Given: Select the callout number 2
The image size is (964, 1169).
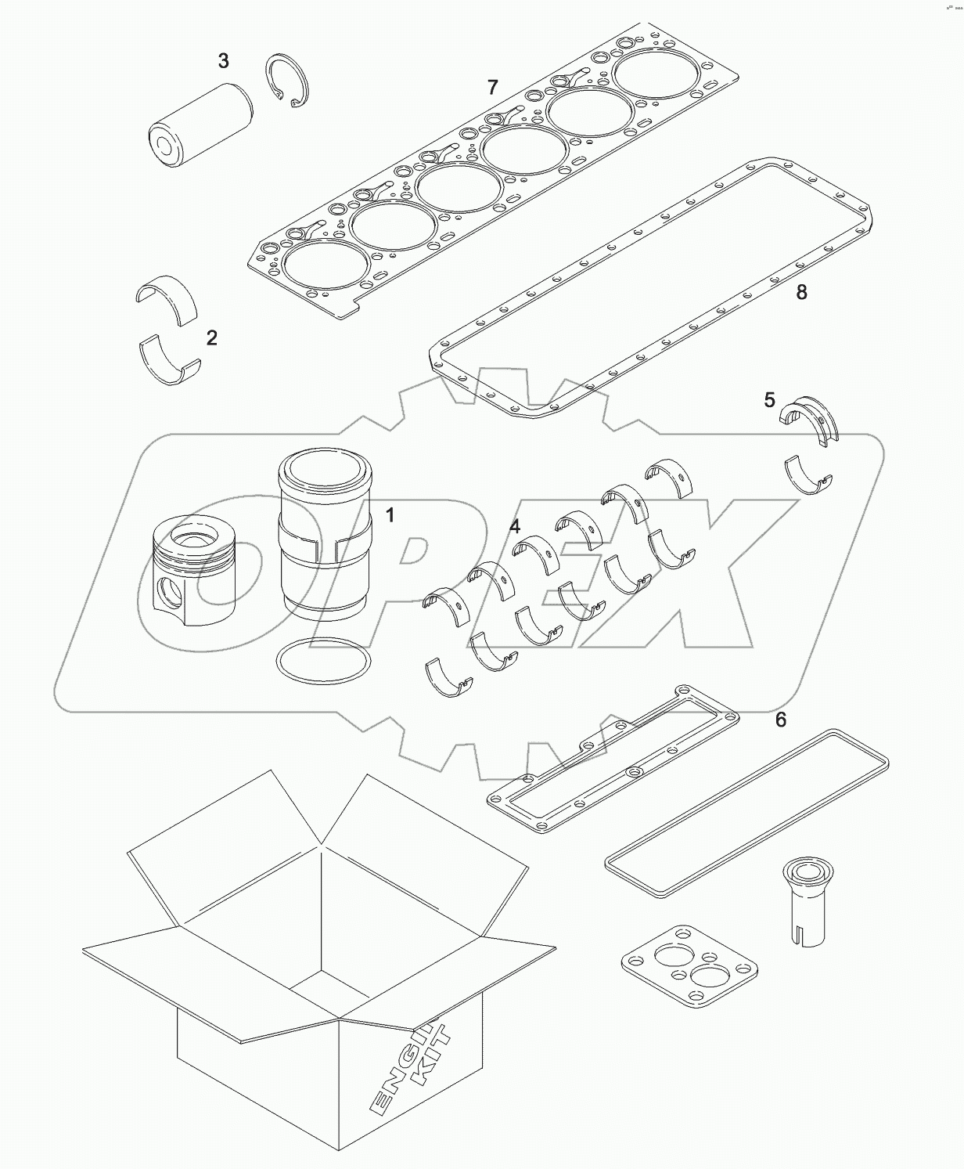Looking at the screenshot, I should click(211, 338).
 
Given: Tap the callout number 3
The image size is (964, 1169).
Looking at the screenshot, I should click(223, 60).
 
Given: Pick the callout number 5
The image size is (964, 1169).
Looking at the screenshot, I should click(770, 401).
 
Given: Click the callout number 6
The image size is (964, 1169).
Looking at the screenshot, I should click(780, 718).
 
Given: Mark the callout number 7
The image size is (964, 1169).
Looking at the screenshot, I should click(492, 87).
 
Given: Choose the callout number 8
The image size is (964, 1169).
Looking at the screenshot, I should click(800, 292).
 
